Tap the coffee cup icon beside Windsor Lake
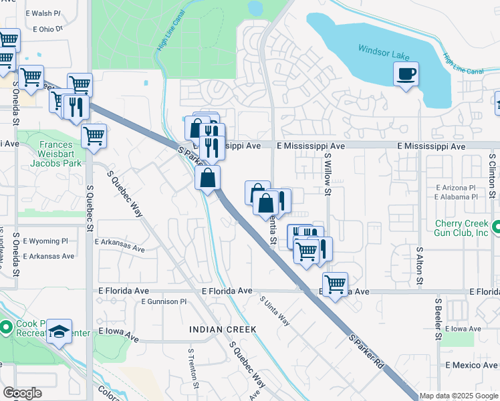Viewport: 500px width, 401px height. pos(406,74)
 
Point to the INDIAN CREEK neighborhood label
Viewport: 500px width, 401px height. pos(223,329)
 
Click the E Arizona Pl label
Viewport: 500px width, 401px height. pos(455,188)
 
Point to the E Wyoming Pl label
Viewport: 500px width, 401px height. pos(45,241)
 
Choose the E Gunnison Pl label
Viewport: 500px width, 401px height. pos(164,302)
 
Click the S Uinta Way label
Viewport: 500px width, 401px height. pos(275,311)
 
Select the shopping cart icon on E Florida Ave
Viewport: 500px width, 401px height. pos(335,283)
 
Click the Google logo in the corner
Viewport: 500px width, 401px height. pos(21,393)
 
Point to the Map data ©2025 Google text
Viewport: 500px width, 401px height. pos(458,396)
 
